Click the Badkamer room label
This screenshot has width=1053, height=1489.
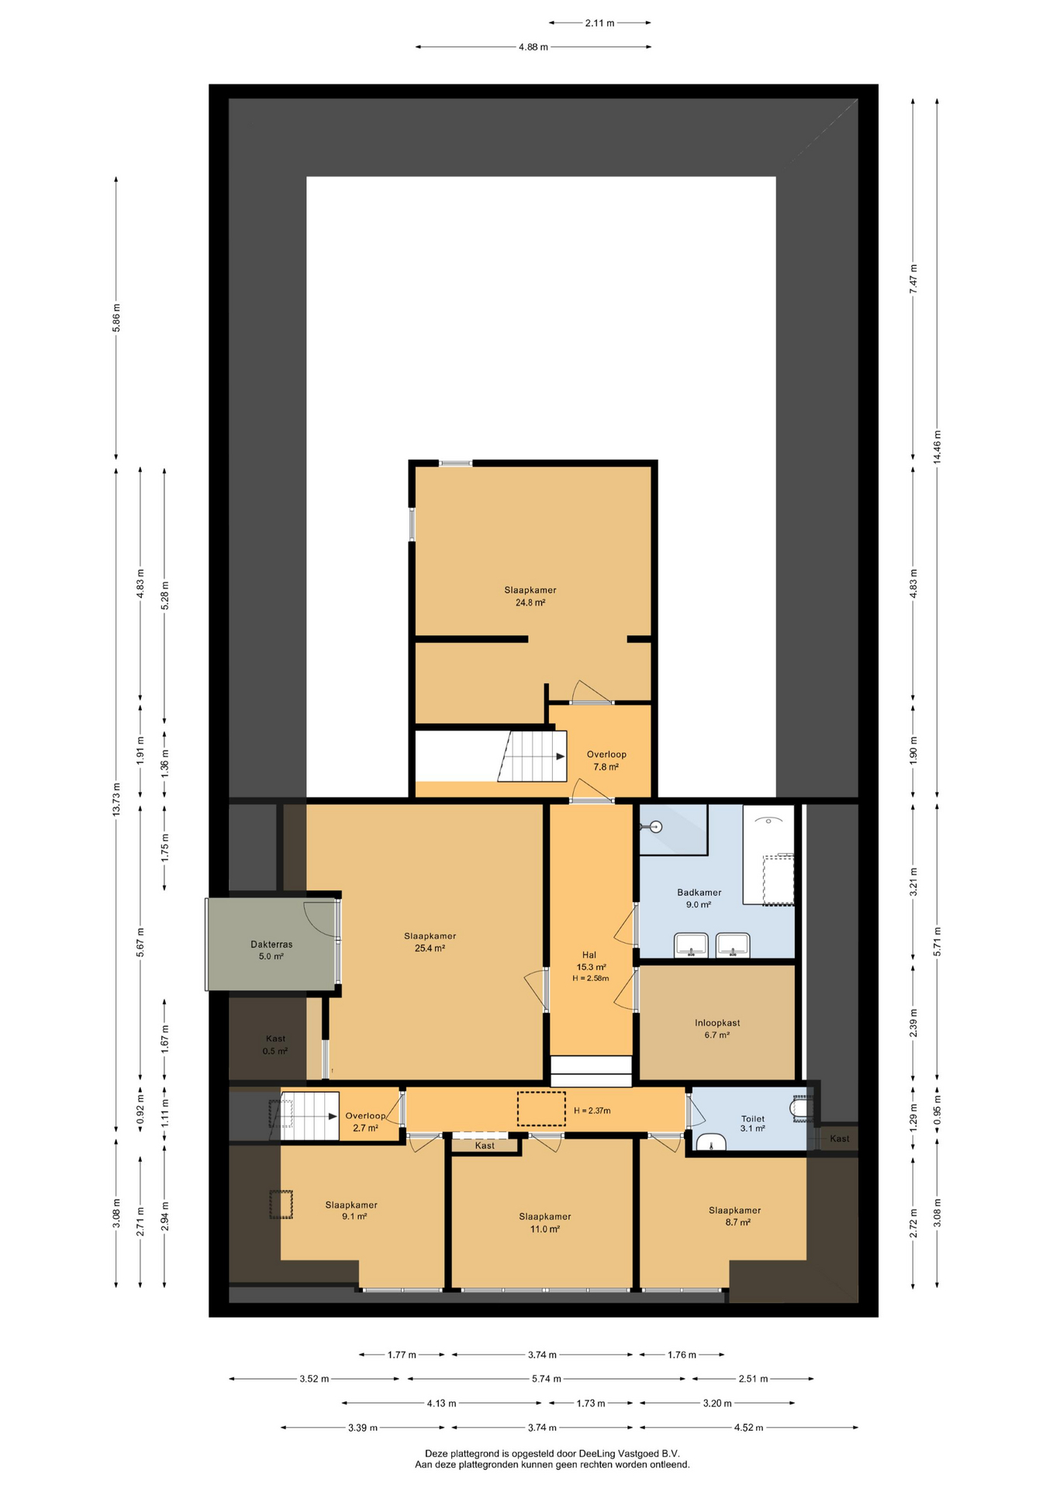(699, 893)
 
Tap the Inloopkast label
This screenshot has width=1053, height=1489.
(717, 1023)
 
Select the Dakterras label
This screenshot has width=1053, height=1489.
(271, 945)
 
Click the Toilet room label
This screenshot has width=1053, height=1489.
(752, 1119)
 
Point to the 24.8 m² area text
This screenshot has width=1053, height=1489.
(530, 603)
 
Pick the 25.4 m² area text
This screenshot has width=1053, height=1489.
(430, 948)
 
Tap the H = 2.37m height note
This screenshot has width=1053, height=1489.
(592, 1111)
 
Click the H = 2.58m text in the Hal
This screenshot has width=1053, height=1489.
(591, 979)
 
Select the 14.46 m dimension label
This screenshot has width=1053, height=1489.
(937, 447)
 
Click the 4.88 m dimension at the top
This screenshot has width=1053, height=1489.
(533, 47)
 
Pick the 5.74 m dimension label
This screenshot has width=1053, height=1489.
(546, 1379)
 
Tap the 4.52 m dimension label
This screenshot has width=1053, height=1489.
(748, 1428)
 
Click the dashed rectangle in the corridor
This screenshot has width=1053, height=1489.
(541, 1109)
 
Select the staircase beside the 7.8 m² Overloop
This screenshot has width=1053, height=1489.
(532, 756)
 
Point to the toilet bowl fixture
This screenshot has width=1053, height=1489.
(799, 1109)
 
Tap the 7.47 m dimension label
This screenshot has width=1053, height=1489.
(913, 278)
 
